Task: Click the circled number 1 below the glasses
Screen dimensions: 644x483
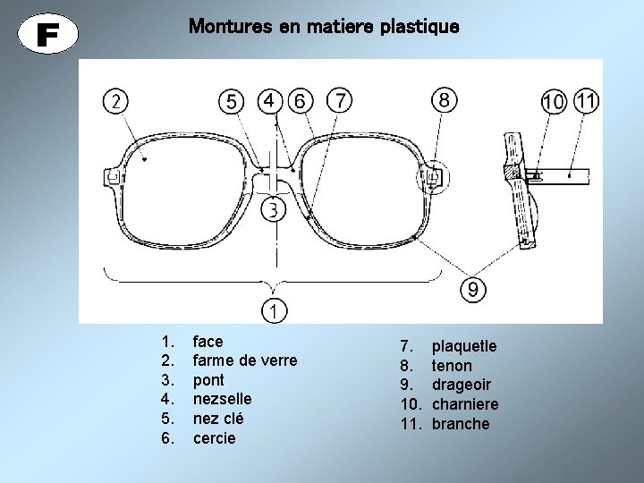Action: (275, 310)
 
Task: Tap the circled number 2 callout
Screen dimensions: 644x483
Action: (115, 101)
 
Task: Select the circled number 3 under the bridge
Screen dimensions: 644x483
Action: (274, 210)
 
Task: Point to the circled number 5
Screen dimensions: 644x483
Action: (232, 103)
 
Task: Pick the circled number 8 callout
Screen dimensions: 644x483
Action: (445, 99)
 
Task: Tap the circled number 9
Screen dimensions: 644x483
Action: (474, 289)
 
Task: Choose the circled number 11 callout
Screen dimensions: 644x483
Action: (586, 100)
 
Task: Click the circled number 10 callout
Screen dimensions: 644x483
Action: (554, 102)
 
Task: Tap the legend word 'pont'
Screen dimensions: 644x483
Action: (208, 379)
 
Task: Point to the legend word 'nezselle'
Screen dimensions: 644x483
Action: (222, 399)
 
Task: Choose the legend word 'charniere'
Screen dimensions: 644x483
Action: (465, 404)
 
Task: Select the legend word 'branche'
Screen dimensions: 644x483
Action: (461, 424)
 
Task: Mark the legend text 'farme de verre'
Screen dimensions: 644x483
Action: (245, 360)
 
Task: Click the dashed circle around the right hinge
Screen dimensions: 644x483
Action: (432, 176)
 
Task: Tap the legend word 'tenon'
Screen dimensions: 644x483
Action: (452, 365)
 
